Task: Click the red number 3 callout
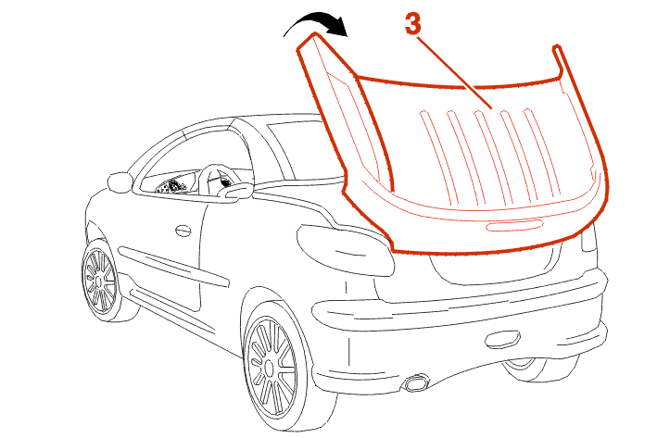click(412, 23)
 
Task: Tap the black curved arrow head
click(338, 27)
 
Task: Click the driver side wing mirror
click(120, 182)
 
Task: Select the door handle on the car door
click(183, 231)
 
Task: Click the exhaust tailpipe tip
click(416, 383)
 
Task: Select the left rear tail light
click(345, 250)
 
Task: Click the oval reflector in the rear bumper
click(502, 338)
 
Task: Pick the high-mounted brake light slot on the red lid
click(514, 226)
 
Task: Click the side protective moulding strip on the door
click(173, 267)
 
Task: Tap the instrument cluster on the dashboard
click(171, 186)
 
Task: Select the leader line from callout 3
click(455, 72)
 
